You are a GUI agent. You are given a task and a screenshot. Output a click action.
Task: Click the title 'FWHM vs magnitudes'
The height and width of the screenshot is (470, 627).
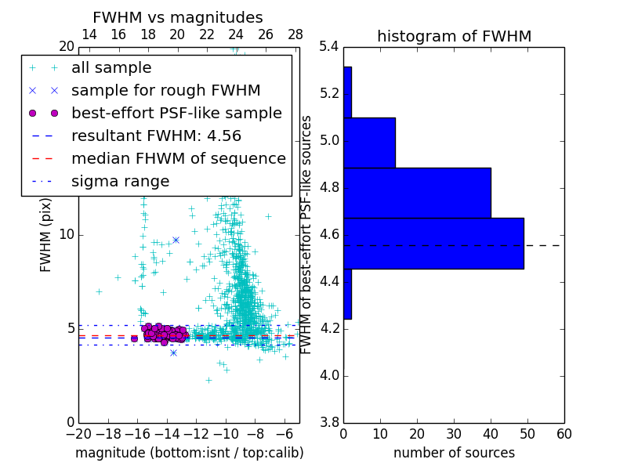pos(178,18)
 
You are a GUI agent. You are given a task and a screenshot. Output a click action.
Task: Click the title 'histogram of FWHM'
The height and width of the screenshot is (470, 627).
pos(454,36)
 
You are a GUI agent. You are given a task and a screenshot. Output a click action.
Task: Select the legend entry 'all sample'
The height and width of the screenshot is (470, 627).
pos(111,68)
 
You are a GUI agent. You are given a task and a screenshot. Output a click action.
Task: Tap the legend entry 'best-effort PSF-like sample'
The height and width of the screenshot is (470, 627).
pos(176,114)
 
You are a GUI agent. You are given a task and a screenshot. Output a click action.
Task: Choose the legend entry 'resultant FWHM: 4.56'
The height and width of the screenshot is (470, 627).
pos(156,136)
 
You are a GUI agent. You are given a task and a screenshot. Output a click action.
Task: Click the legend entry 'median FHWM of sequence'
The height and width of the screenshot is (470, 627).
pos(178,158)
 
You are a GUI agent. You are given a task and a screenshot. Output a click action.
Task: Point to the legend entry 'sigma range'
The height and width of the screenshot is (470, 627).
pos(120,182)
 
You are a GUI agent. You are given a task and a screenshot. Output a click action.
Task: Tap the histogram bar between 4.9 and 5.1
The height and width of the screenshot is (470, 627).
pos(369,143)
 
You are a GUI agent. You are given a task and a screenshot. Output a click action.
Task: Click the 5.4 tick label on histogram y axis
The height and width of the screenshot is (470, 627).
pos(328,47)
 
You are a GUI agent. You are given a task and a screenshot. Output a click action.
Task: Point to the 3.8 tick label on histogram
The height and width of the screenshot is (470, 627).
pos(328,421)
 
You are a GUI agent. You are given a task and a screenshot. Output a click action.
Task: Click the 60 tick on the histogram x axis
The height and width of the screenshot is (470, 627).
pos(564,435)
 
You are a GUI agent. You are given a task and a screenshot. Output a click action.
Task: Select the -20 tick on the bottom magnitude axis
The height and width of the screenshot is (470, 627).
pos(78,435)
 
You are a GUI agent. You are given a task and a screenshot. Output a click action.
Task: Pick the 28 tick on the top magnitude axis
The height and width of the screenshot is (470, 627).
pos(295,34)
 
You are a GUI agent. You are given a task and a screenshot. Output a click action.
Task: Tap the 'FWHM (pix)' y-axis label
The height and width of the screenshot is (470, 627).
pos(46,233)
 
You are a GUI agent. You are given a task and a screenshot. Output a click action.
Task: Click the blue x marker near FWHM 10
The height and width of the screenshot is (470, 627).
pos(176,240)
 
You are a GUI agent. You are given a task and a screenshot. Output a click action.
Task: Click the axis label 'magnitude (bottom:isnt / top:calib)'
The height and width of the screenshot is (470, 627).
pos(189,453)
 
